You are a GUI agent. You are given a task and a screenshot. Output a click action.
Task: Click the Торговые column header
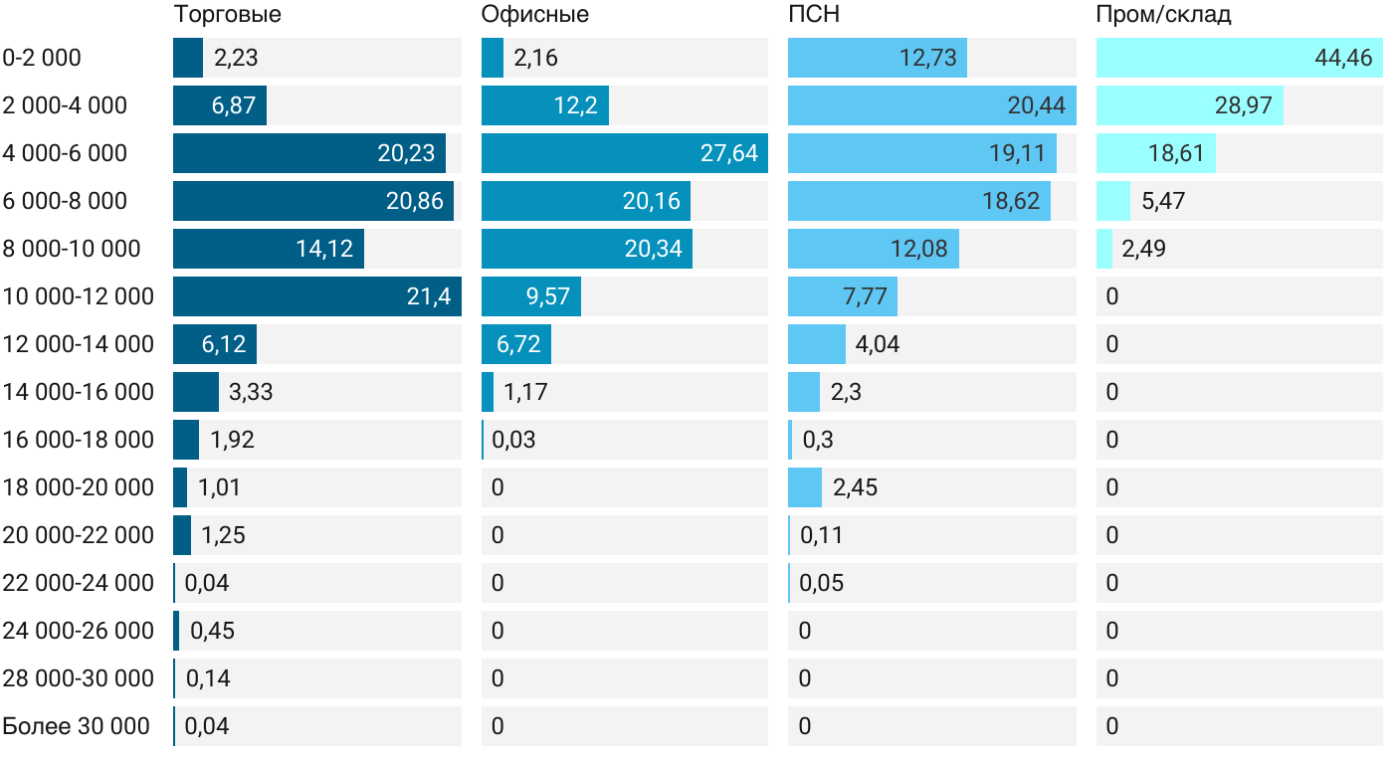227,14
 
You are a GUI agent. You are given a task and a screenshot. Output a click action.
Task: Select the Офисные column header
534,14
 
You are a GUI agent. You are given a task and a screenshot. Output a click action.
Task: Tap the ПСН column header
808,14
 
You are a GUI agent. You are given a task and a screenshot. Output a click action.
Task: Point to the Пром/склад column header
1163,14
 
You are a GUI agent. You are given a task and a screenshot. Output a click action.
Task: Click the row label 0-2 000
42,58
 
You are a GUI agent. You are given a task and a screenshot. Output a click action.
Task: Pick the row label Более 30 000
76,726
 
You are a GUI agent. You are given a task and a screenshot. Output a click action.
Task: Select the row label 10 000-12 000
79,296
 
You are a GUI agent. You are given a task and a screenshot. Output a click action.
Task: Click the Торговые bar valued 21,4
316,296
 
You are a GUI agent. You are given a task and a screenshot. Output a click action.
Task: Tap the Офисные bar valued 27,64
624,153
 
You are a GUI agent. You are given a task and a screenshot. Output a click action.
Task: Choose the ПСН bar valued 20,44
931,105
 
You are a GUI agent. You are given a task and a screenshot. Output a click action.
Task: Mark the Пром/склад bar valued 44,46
1239,58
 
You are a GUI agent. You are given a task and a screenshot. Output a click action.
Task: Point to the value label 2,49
1143,249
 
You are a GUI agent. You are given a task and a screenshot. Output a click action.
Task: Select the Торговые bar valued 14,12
268,249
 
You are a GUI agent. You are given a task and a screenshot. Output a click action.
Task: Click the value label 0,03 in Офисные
513,440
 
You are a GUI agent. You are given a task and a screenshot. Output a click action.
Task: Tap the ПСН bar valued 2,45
805,487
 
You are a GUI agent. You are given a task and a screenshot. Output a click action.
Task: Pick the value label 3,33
251,392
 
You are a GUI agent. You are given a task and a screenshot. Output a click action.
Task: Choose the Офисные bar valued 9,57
530,296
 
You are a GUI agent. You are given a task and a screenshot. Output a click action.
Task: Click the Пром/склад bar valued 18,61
1155,153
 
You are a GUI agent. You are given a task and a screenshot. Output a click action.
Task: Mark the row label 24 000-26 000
79,631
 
